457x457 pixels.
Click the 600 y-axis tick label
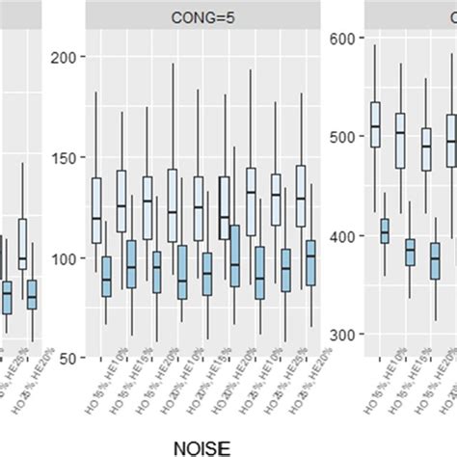point(345,38)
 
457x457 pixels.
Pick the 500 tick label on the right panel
point(345,137)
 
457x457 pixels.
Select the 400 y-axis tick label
point(345,236)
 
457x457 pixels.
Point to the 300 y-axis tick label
point(345,335)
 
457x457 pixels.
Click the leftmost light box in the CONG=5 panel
point(96,210)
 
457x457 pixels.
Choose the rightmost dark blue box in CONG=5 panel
point(309,262)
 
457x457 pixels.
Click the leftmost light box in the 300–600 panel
point(375,123)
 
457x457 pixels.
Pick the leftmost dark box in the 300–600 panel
point(385,232)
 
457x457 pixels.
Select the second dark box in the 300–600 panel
point(410,252)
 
